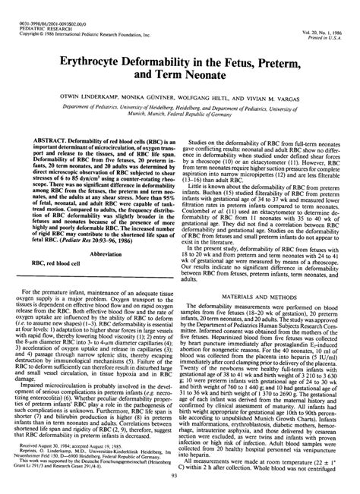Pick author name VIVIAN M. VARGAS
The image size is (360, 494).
[x=286, y=98]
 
